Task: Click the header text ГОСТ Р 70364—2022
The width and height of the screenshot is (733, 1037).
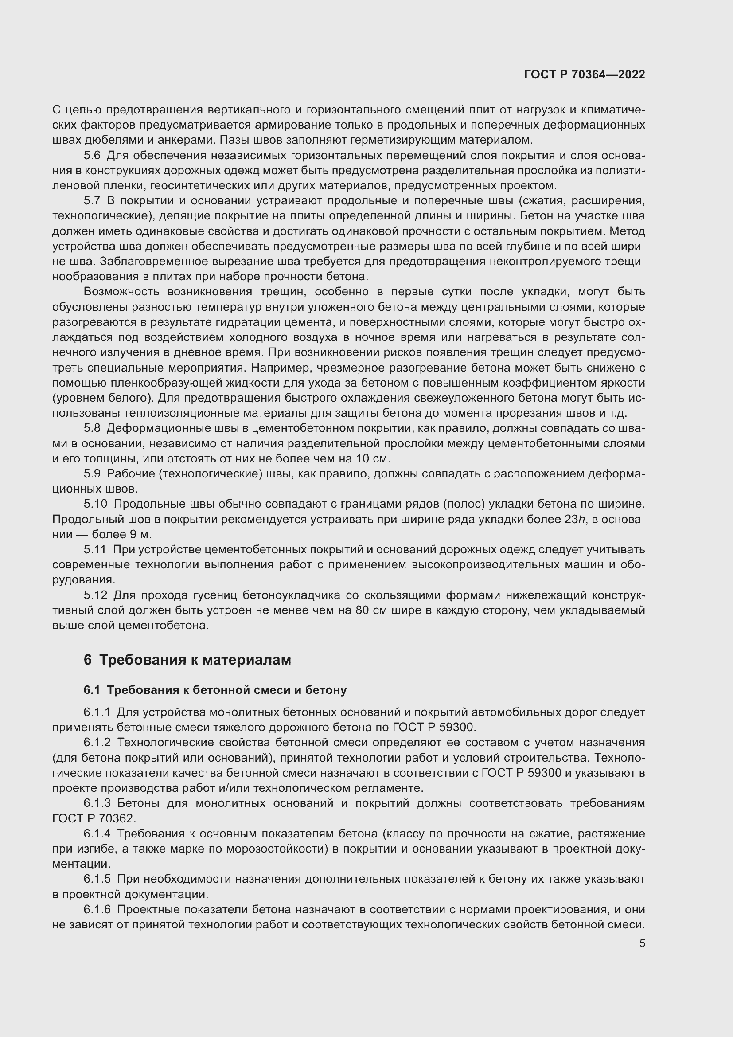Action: point(585,74)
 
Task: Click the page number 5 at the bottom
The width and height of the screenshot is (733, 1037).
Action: point(642,943)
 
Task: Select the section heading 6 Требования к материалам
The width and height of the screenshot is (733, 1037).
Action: point(187,660)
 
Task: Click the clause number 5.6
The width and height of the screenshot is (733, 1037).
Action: point(92,156)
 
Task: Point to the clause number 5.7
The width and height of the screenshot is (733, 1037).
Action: point(92,201)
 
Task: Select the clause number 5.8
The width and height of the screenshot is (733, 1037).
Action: point(92,428)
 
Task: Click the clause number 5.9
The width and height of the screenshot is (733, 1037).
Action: point(92,474)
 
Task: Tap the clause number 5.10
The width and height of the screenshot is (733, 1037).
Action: point(95,504)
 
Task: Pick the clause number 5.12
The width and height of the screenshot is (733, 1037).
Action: point(95,595)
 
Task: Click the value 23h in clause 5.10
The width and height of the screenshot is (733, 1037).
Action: point(575,520)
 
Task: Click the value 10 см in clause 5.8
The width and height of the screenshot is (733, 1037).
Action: point(372,459)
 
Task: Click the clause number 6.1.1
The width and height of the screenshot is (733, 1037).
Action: point(97,713)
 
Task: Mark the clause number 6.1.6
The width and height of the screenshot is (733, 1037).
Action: point(97,909)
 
